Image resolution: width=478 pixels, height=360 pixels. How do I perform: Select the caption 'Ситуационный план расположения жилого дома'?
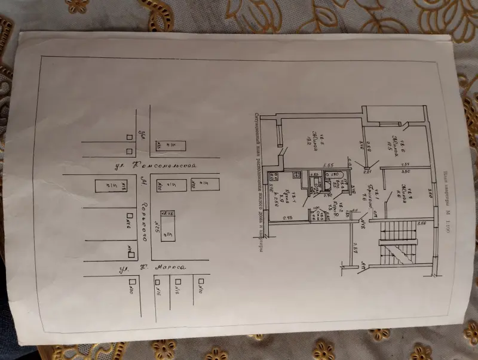[x=255, y=179]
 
